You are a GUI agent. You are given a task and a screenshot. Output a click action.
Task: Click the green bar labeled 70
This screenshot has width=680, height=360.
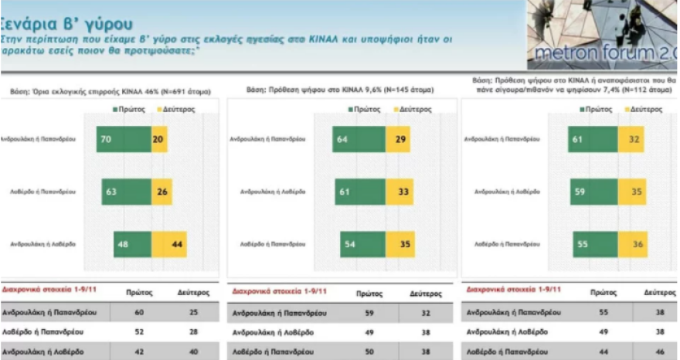click(x=124, y=139)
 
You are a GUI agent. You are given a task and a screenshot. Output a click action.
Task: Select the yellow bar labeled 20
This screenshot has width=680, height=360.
click(x=159, y=139)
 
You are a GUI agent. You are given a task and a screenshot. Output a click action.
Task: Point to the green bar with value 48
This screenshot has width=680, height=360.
click(x=124, y=244)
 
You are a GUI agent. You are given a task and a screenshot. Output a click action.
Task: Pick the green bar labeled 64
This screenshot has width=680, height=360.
click(x=359, y=139)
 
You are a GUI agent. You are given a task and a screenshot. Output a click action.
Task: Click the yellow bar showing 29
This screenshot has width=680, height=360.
click(x=397, y=139)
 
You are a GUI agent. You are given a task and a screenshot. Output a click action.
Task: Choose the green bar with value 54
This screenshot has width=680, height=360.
click(x=362, y=244)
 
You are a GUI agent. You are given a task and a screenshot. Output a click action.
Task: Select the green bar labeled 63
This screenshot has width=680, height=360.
click(x=126, y=191)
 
